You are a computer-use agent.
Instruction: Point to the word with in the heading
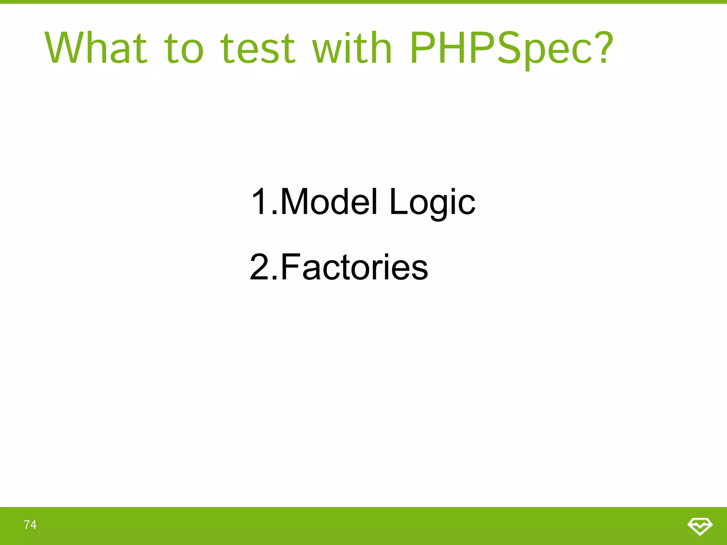pyautogui.click(x=352, y=48)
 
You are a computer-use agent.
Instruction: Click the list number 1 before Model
pyautogui.click(x=259, y=202)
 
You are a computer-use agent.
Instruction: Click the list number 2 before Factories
pyautogui.click(x=259, y=267)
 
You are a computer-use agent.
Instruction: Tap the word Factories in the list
pyautogui.click(x=354, y=267)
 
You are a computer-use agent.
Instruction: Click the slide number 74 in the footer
pyautogui.click(x=30, y=524)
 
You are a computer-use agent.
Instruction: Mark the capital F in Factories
pyautogui.click(x=290, y=267)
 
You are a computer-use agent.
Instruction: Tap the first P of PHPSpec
pyautogui.click(x=424, y=48)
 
